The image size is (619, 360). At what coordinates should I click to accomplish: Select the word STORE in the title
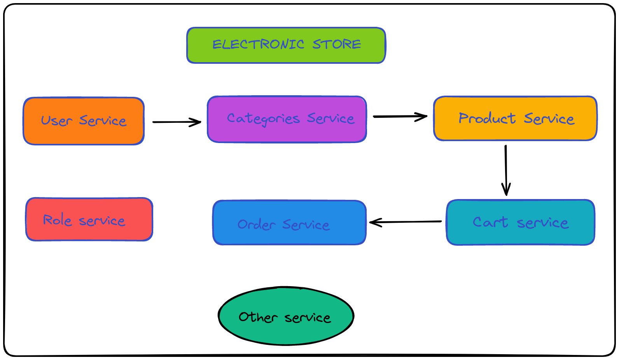click(x=337, y=44)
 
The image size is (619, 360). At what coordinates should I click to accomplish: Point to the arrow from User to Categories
click(x=177, y=122)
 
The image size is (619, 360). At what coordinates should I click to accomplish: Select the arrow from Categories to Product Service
click(x=400, y=116)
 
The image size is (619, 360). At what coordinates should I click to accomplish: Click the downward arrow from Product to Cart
click(x=506, y=170)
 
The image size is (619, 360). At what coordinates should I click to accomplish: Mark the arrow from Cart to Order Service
click(x=405, y=222)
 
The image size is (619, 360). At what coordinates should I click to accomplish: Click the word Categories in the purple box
click(x=264, y=119)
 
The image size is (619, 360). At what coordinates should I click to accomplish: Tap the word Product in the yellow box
click(x=487, y=118)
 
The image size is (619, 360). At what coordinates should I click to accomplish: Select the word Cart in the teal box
click(x=490, y=222)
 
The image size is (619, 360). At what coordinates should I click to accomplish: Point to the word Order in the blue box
click(x=257, y=224)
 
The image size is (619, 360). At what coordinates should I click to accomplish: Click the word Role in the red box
click(x=58, y=220)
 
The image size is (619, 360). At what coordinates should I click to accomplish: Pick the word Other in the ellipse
click(x=258, y=317)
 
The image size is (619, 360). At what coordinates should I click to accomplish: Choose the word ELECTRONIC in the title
click(x=258, y=44)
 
